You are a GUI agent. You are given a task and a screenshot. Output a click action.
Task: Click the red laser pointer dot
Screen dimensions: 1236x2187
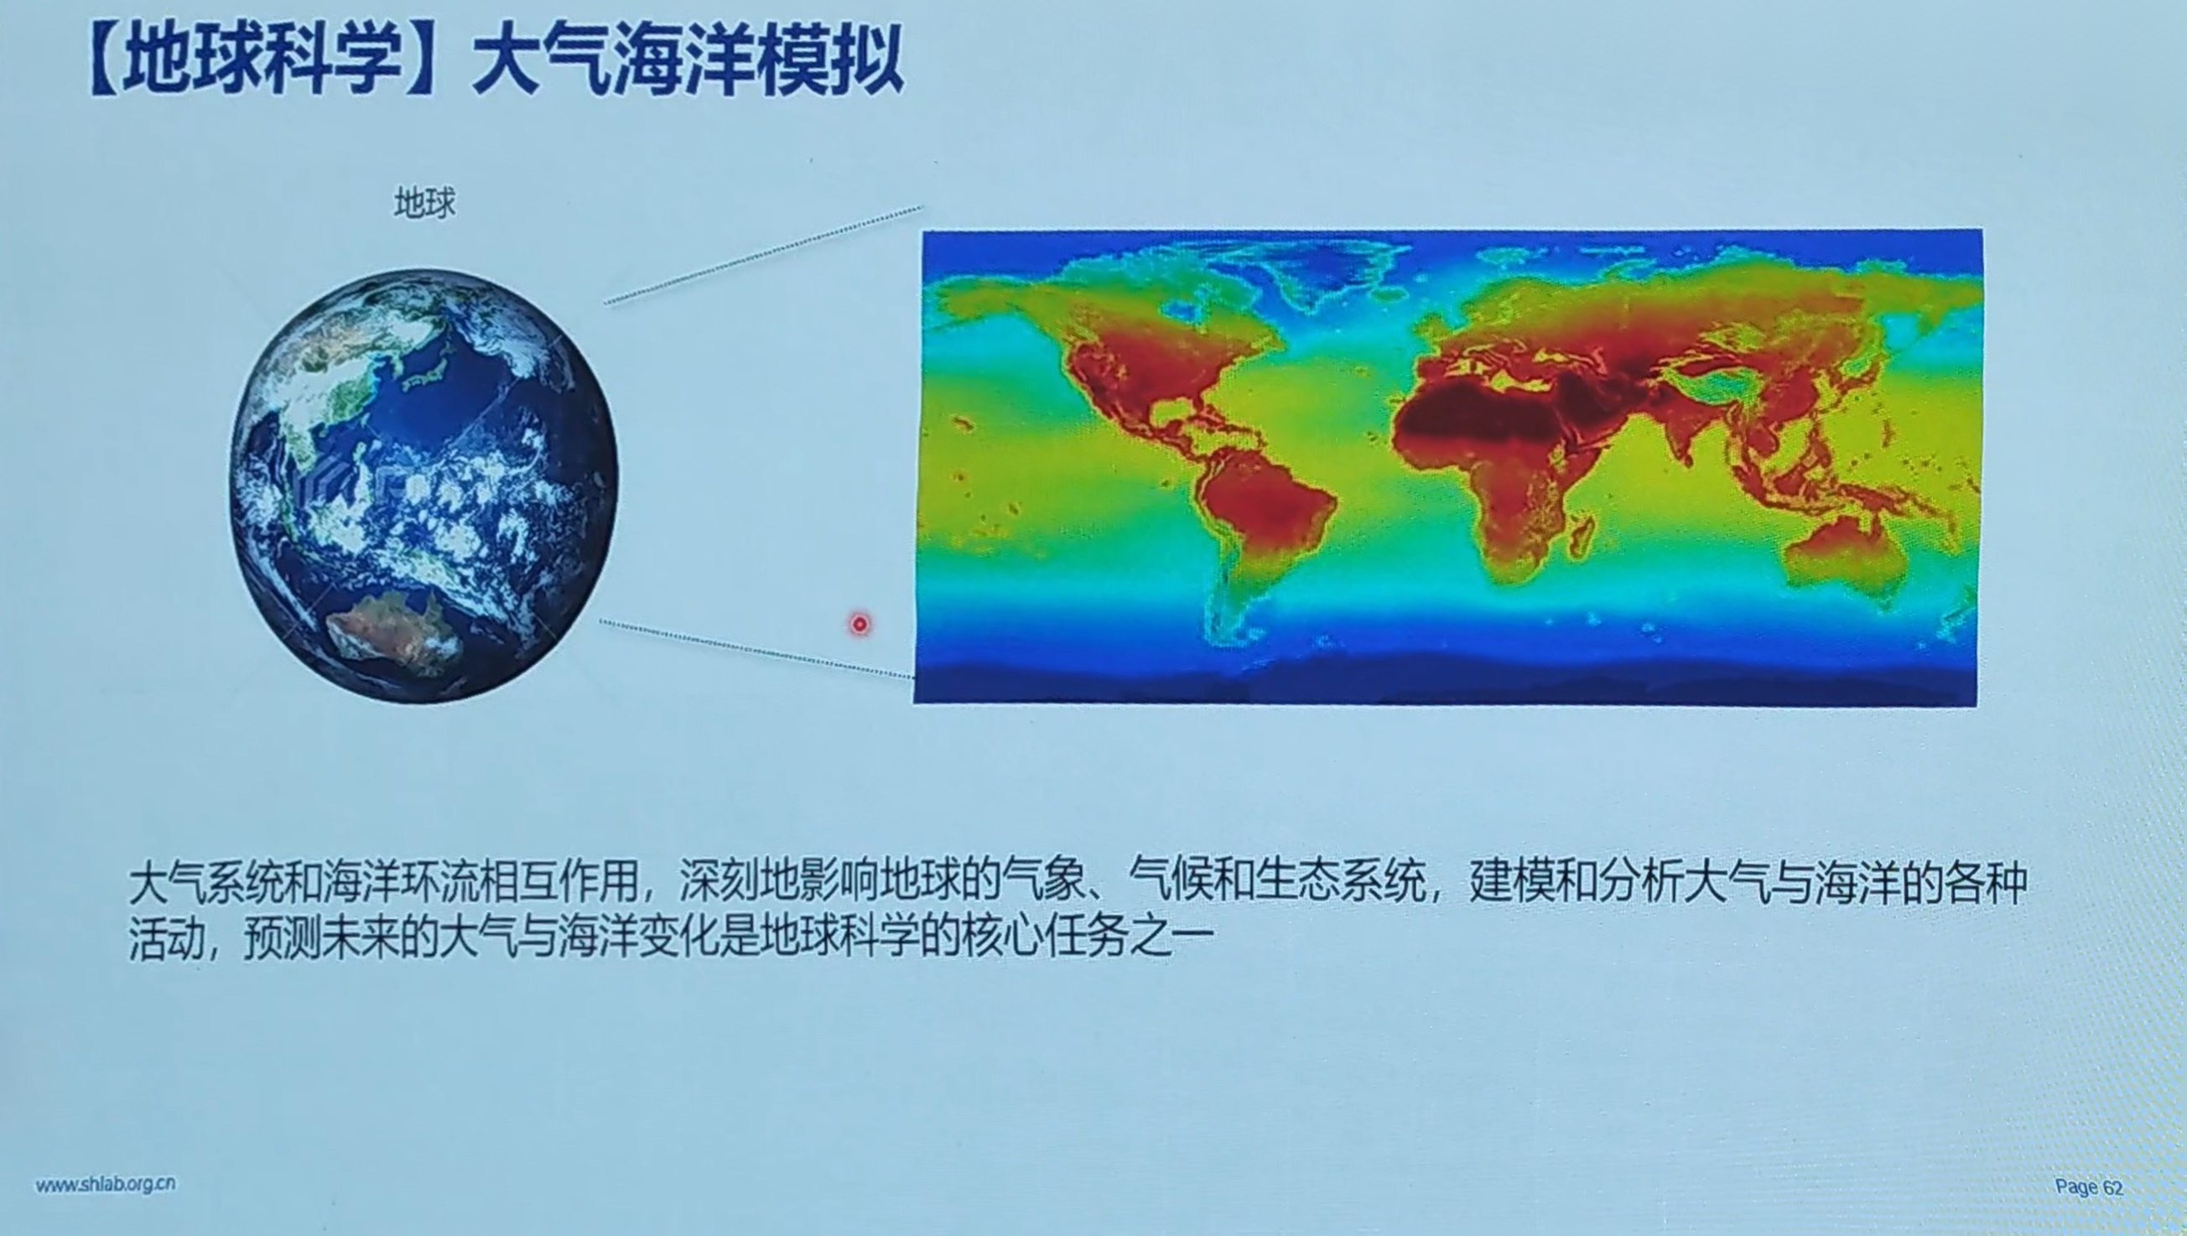[860, 625]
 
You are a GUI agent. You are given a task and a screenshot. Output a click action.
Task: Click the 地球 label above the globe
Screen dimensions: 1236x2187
[424, 203]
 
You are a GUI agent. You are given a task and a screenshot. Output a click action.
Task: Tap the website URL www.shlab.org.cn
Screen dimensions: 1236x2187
[106, 1184]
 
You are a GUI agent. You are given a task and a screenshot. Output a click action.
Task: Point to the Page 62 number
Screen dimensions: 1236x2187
[2089, 1187]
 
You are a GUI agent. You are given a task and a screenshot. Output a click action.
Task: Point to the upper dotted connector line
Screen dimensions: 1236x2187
[764, 254]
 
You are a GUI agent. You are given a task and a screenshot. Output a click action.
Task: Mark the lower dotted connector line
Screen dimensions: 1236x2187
[756, 649]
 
